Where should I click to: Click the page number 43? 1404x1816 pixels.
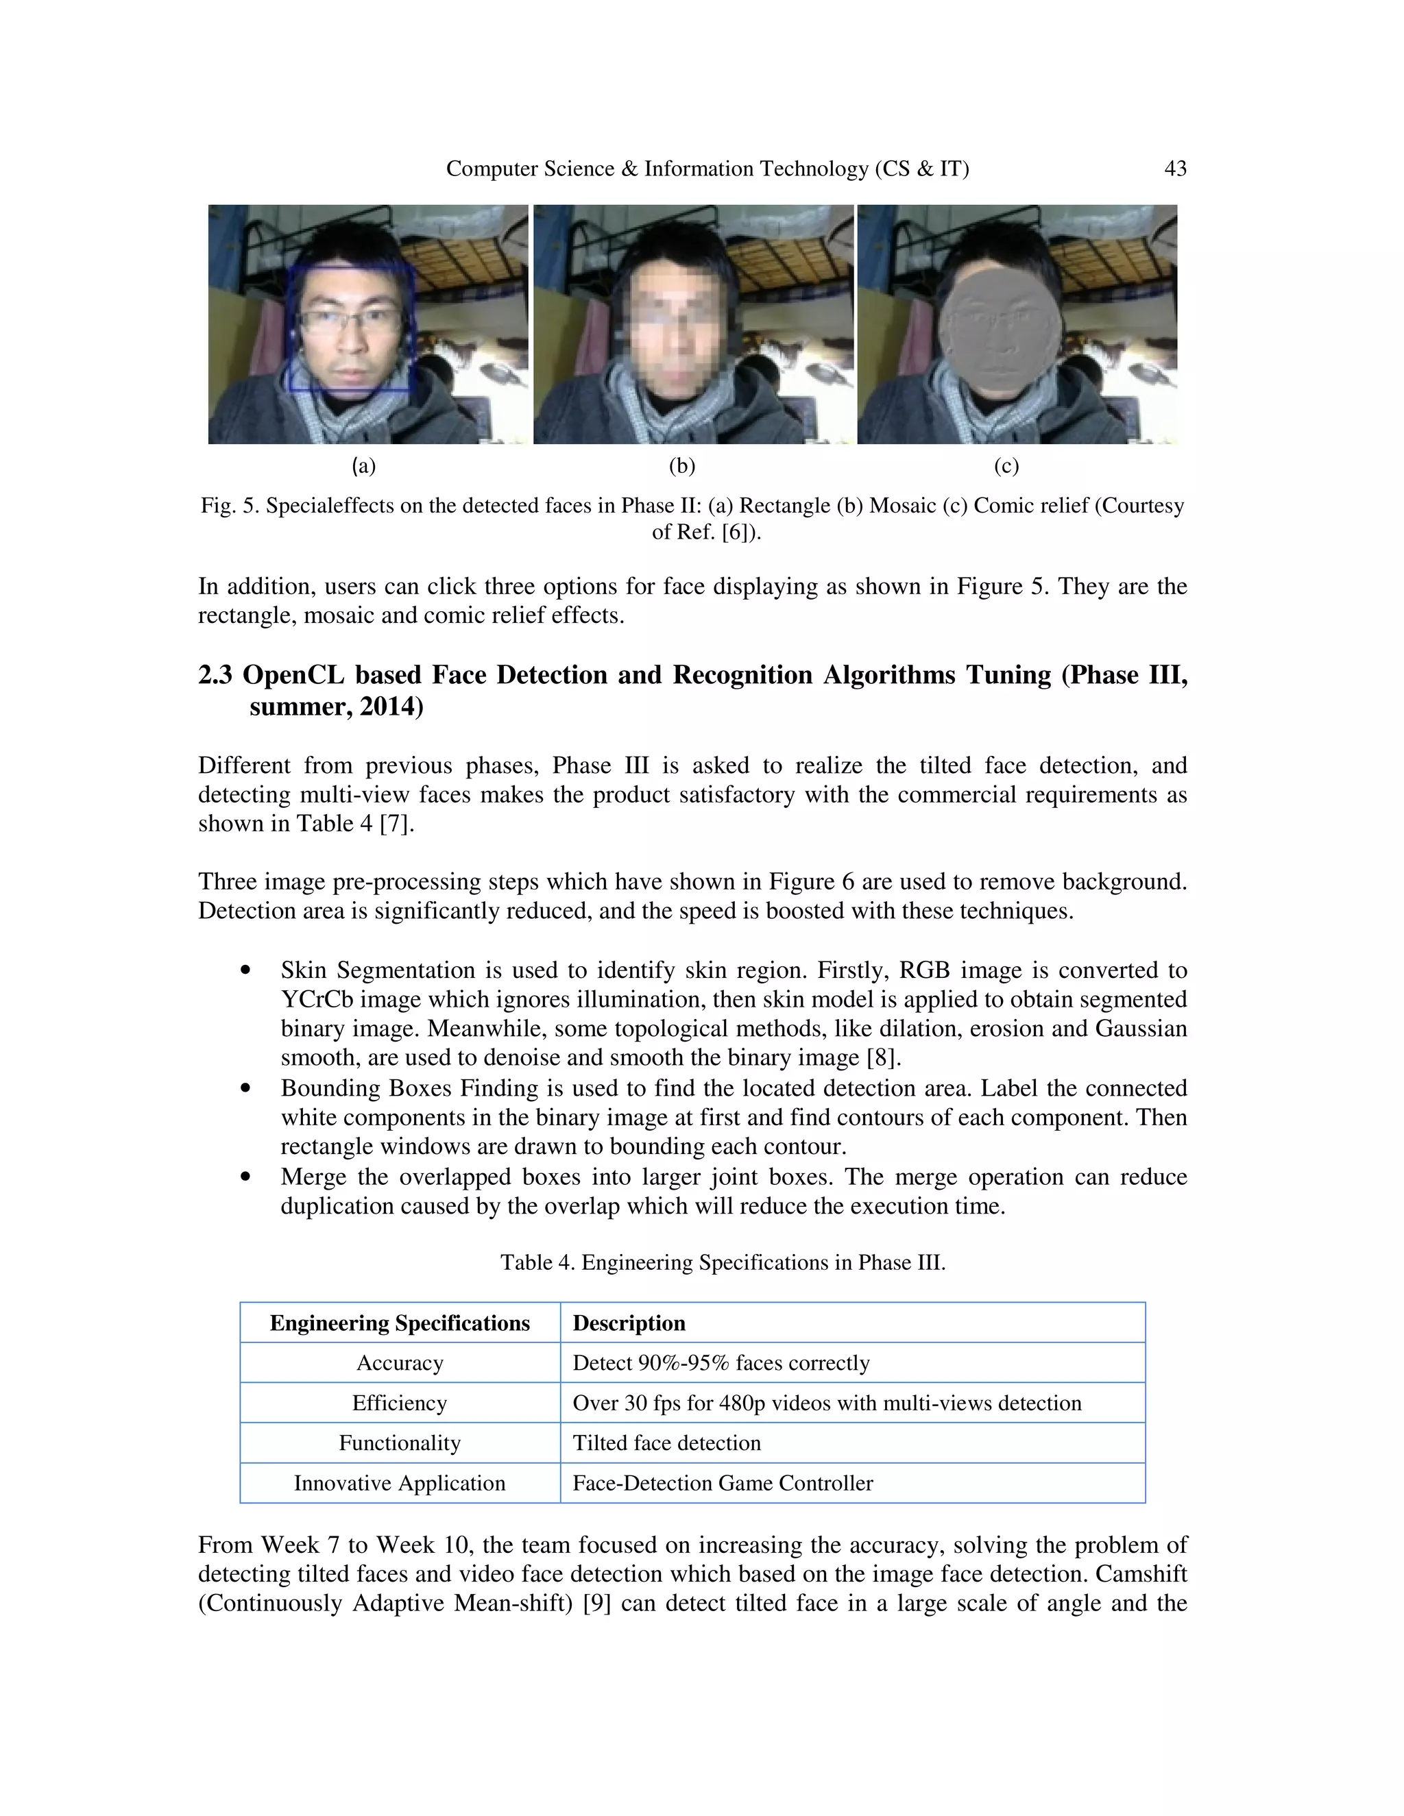[x=1174, y=169]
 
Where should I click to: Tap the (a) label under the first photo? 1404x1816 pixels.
[x=363, y=465]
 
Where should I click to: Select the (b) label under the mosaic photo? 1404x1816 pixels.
[x=681, y=465]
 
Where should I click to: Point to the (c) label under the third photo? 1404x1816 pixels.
[x=1006, y=465]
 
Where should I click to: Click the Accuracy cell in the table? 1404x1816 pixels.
[x=400, y=1363]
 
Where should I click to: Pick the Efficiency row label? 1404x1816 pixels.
[x=400, y=1403]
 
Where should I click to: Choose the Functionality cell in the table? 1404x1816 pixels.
[x=400, y=1443]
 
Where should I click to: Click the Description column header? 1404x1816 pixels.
[x=629, y=1323]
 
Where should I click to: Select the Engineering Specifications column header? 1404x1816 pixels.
[x=400, y=1323]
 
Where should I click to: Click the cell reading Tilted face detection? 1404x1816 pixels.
[x=666, y=1443]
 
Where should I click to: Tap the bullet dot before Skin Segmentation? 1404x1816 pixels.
[x=245, y=970]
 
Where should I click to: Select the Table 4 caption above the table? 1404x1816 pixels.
[x=723, y=1262]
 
